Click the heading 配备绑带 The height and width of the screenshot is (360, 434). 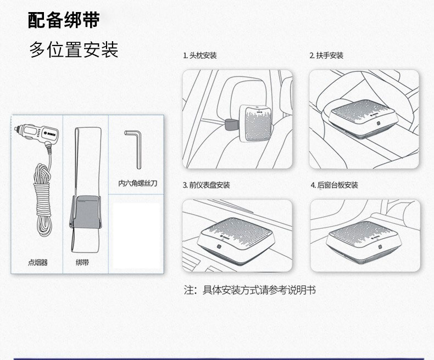point(64,20)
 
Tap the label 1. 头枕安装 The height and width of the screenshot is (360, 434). point(200,56)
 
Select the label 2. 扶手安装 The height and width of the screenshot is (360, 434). point(326,56)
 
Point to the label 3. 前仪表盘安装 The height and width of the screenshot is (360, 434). point(206,185)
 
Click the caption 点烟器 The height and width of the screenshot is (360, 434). point(38,263)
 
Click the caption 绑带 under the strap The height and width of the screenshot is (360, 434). point(83,263)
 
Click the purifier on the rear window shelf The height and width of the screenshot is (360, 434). point(363,237)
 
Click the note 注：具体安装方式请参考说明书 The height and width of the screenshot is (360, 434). point(250,290)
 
